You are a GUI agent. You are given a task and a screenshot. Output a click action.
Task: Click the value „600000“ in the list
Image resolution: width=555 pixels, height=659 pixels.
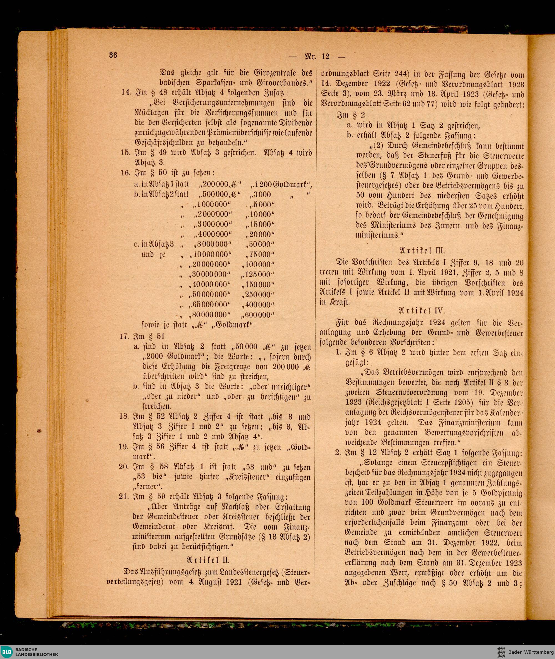click(258, 315)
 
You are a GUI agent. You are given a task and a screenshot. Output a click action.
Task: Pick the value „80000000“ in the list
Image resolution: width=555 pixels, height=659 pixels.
click(210, 315)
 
